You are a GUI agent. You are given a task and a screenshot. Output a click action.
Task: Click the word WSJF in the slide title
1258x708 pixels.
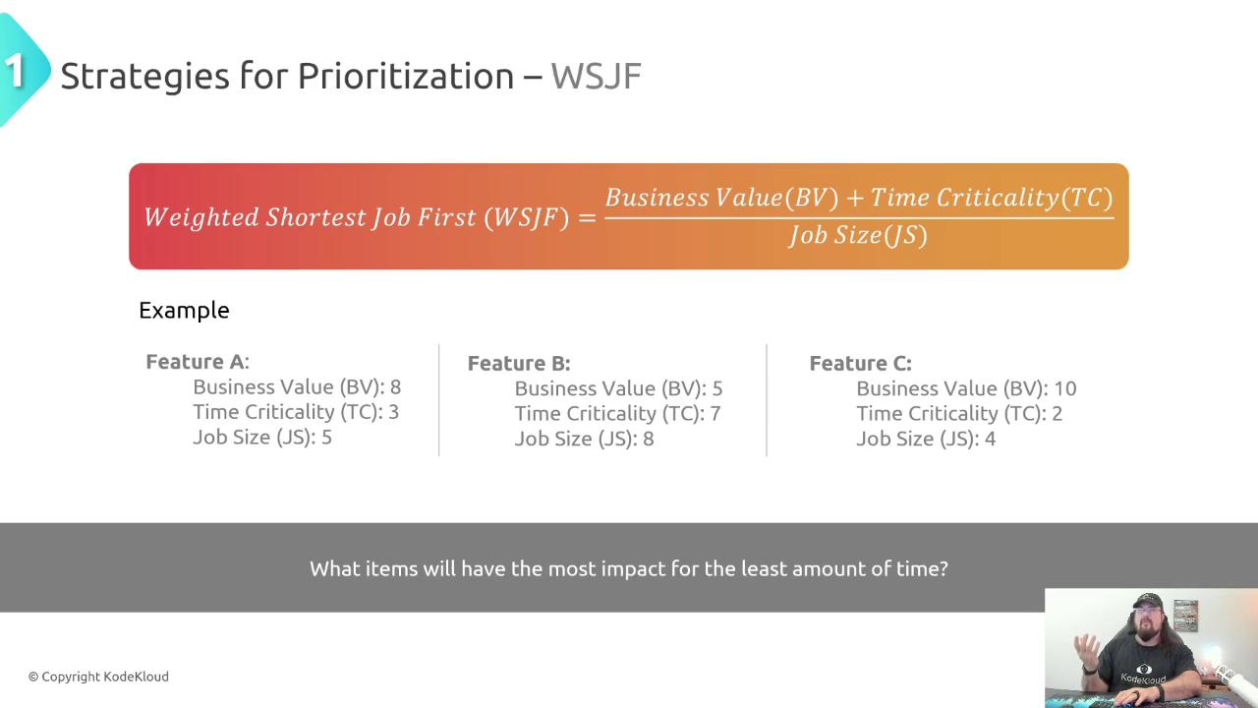(596, 77)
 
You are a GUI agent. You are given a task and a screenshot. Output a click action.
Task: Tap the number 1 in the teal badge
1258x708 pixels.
(14, 72)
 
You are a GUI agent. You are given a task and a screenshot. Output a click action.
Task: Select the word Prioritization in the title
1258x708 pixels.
(406, 77)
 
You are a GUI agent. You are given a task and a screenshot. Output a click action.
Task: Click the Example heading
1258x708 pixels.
(184, 311)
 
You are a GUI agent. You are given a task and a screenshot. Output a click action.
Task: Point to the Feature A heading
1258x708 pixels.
(198, 361)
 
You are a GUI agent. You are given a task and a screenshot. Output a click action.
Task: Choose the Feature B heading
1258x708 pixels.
(519, 364)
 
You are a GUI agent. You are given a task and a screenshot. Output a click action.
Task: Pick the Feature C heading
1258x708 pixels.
(860, 364)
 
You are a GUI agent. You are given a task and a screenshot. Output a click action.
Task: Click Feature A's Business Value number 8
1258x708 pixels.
(395, 387)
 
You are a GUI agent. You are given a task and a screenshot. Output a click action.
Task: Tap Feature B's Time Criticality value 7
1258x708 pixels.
(715, 414)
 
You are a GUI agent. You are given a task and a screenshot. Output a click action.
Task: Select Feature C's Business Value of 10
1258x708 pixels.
(1064, 388)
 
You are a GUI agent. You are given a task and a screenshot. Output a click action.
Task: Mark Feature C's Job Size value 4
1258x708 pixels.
(990, 439)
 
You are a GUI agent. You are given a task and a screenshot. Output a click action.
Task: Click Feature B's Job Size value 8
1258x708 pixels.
(648, 439)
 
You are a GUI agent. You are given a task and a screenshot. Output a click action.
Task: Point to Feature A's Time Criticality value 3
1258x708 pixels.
(393, 412)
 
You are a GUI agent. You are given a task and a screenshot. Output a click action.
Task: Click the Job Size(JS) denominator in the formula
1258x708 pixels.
(858, 235)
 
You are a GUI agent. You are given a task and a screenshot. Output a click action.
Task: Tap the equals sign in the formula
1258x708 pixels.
(587, 217)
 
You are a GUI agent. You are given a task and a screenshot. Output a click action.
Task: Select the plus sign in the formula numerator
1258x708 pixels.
(854, 199)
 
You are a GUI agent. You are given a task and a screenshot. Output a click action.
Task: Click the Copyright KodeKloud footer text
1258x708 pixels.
(98, 677)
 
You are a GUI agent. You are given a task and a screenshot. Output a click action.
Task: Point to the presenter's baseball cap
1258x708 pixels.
(1147, 601)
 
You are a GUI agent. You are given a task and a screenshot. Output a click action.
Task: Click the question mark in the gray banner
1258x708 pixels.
(943, 568)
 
